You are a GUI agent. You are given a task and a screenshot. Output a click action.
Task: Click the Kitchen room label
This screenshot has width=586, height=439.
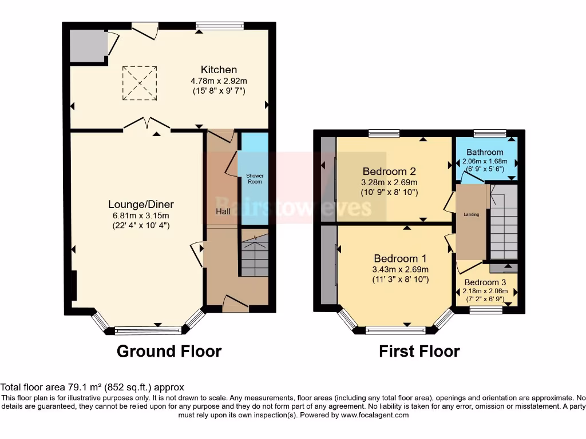point(219,70)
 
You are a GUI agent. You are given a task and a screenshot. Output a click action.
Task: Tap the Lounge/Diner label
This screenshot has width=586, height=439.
point(141,205)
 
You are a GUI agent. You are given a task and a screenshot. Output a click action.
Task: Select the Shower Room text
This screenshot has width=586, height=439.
point(255,178)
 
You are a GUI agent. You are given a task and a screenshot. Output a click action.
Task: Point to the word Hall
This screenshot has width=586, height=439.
point(223,211)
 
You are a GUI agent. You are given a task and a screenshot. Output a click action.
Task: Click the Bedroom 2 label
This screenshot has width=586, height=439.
point(389,171)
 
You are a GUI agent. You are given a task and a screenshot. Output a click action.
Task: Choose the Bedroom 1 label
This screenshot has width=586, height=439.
point(400,258)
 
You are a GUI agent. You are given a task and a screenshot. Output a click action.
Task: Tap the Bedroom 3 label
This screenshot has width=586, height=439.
point(485,282)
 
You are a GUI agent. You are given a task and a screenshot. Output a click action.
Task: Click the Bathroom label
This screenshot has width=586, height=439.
point(485,152)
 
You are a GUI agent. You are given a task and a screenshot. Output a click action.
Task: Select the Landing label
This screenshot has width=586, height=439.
point(472,215)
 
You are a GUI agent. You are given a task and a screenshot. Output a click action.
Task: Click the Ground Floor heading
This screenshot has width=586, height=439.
point(169,352)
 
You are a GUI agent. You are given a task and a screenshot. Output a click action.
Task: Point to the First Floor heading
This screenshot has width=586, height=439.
point(419,352)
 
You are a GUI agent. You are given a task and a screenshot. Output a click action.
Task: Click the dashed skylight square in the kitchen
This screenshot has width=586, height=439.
point(140,83)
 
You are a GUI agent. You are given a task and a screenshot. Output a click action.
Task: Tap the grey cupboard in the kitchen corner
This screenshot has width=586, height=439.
point(88,46)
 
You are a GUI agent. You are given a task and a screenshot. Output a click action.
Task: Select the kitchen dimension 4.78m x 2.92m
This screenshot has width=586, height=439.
point(219,81)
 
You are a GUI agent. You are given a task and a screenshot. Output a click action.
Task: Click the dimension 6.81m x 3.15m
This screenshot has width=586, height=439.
point(141,215)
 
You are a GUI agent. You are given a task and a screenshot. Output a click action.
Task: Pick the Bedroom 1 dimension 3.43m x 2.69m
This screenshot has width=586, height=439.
point(400,270)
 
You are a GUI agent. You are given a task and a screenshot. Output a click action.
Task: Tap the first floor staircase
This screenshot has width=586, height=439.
point(504,222)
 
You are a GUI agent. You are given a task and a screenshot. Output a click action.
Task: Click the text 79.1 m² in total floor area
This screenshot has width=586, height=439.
point(86,388)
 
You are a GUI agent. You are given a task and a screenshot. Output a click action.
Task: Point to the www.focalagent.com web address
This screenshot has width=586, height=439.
point(375,415)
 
